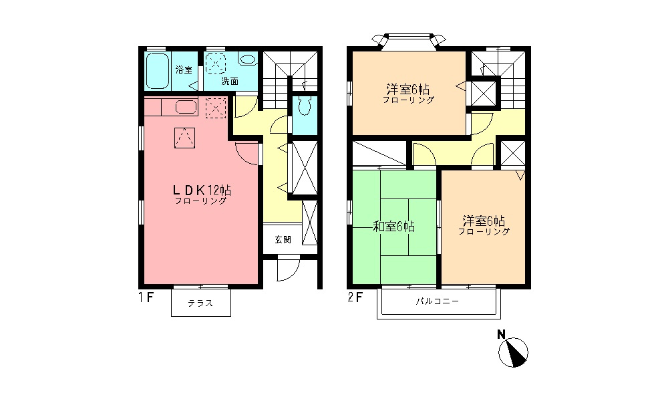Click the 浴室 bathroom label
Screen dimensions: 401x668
pos(183,70)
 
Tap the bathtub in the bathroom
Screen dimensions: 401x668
pos(158,71)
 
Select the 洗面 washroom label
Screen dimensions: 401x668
pos(230,81)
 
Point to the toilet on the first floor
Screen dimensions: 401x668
pos(305,106)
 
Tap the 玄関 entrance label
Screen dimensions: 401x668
pos(282,239)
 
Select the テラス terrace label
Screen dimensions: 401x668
pos(200,303)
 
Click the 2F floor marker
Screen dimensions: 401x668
pos(355,298)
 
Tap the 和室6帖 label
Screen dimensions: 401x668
pos(394,227)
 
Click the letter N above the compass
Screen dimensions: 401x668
pos(500,334)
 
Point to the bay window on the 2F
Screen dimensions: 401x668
pos(409,40)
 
